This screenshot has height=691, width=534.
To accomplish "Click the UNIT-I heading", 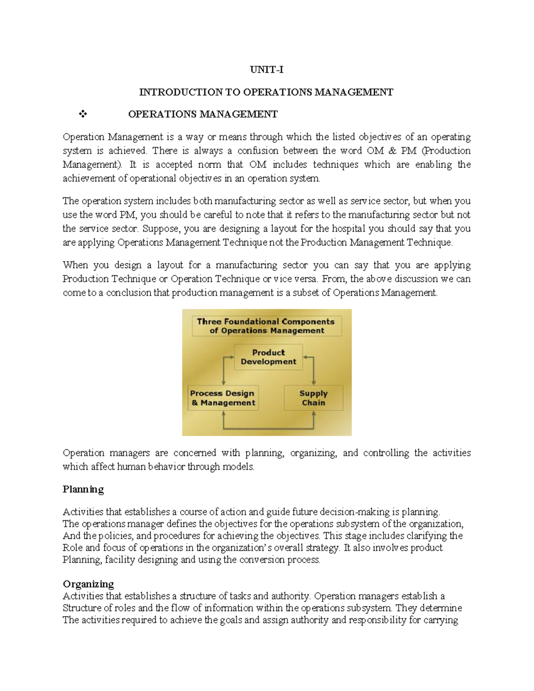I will (x=266, y=69).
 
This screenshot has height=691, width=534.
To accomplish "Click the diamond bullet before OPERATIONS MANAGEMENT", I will (x=83, y=114).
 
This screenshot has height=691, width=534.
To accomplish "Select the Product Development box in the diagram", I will (x=268, y=357).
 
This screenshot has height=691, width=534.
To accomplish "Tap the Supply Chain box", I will (x=313, y=398).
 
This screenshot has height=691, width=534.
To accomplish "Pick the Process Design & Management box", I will (x=222, y=398).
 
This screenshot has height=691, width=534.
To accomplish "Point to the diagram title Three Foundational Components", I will (x=266, y=326).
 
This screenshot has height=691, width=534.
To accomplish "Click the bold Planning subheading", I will (x=83, y=489).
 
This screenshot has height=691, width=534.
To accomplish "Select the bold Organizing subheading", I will (x=88, y=584).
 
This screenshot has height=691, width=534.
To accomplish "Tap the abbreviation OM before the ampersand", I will (x=375, y=151).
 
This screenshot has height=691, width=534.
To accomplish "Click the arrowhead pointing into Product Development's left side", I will (x=231, y=357).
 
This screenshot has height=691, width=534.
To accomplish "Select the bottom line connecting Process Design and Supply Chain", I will (x=268, y=429).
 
